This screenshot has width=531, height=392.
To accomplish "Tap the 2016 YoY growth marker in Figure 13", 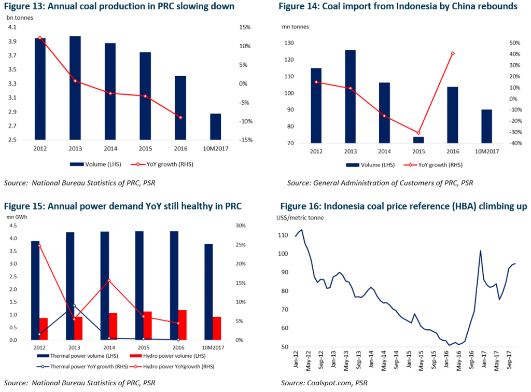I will click(180, 118).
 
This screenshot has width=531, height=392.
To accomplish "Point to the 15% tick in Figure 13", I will click(245, 27).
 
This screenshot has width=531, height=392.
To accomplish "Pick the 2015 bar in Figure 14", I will click(418, 140).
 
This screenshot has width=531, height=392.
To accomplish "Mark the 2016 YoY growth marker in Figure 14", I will click(453, 53).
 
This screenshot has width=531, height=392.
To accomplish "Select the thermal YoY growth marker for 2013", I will click(74, 306).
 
